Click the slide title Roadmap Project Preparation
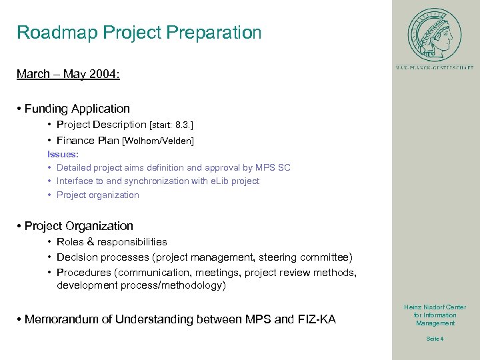point(139,33)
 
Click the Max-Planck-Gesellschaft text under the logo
point(434,67)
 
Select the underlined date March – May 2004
point(68,74)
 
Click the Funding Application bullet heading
point(77,109)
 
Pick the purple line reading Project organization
point(97,195)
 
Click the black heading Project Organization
point(79,226)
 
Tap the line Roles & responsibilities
point(111,242)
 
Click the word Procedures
point(84,273)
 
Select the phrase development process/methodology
point(141,286)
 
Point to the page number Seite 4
point(435,339)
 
